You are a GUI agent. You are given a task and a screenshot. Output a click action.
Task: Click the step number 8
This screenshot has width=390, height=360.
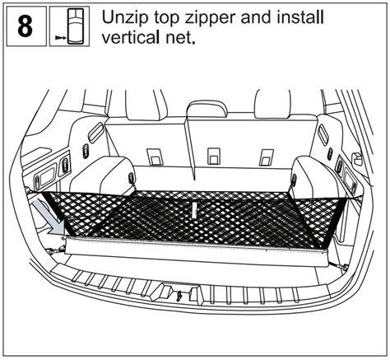tap(26, 26)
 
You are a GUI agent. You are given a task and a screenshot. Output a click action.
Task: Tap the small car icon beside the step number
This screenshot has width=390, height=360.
tap(76, 26)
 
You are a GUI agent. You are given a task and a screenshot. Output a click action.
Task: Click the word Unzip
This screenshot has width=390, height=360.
tap(125, 18)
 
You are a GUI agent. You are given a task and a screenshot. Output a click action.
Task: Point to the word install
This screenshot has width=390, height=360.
tap(300, 17)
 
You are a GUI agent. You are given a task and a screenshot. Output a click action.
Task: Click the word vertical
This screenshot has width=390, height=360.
tap(134, 37)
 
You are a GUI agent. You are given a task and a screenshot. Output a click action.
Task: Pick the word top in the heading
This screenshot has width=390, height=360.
tap(166, 19)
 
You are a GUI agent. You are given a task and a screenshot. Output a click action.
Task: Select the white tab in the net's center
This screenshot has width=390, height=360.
tap(194, 211)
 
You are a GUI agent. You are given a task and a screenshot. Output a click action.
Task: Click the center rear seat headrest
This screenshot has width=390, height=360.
tap(207, 108)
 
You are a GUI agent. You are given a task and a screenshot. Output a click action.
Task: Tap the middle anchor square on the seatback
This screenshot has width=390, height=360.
tap(214, 157)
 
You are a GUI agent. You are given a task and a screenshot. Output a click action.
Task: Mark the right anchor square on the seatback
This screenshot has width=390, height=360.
tap(267, 157)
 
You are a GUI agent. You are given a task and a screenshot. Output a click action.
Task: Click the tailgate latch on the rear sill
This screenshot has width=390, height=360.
tap(179, 295)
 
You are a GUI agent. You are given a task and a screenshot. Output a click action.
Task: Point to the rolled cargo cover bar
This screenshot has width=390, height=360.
tap(197, 251)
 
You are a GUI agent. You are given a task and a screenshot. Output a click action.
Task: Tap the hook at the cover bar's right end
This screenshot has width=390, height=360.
tap(339, 265)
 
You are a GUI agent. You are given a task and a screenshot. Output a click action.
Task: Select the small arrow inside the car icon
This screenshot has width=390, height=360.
tap(60, 38)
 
